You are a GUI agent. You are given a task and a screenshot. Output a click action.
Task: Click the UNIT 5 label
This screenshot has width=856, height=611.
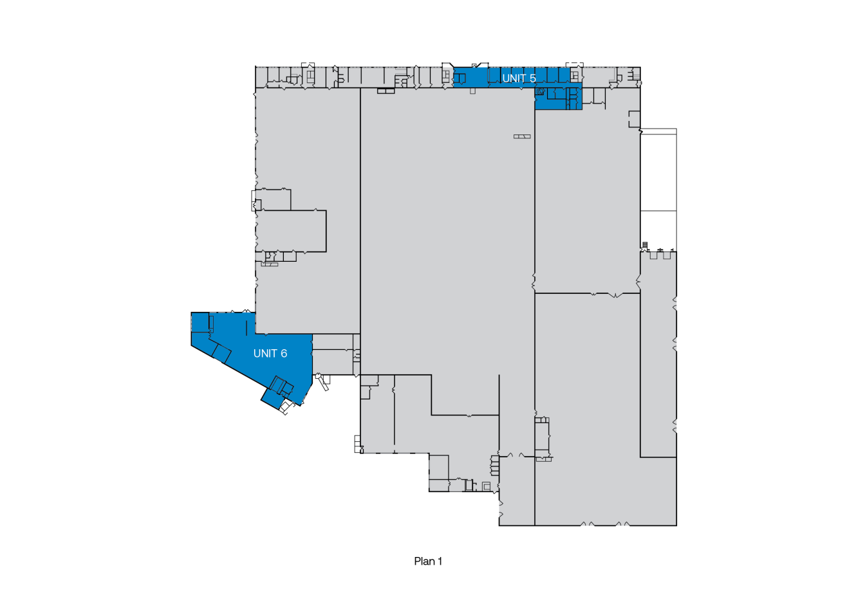click(x=519, y=78)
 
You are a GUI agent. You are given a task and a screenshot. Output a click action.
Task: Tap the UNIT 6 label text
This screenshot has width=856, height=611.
click(x=270, y=354)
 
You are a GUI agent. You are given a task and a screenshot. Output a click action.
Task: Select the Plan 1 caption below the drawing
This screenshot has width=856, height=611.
click(x=428, y=561)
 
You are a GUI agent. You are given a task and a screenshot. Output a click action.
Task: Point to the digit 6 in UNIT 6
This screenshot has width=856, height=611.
click(x=284, y=354)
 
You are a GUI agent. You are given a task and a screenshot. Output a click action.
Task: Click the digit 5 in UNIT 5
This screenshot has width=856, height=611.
click(x=532, y=78)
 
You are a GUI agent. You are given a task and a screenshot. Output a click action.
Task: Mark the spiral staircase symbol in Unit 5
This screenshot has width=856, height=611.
click(x=540, y=91)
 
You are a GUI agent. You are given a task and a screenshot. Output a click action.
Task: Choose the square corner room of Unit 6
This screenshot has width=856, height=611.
click(x=200, y=322)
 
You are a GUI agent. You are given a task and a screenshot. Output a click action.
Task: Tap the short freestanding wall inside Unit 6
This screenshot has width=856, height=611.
click(x=247, y=328)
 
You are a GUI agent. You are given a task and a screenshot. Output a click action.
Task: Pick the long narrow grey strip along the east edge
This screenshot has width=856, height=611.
click(x=658, y=354)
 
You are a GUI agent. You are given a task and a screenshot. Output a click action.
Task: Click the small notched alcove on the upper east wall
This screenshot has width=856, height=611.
click(x=635, y=119)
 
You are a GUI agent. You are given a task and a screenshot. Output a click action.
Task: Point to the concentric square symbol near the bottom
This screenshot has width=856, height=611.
click(x=486, y=486)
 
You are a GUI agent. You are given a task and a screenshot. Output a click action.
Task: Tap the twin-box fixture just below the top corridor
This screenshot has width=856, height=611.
click(x=386, y=91)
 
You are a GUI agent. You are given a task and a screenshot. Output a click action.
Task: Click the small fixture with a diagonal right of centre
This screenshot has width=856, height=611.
click(x=522, y=136)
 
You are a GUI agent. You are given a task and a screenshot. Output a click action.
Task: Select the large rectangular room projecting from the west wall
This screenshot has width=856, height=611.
click(x=291, y=231)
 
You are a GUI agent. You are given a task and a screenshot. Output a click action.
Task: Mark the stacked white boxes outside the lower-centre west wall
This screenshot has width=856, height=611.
click(x=358, y=444)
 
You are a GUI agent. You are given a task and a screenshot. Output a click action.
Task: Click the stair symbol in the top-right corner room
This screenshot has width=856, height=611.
click(x=636, y=74)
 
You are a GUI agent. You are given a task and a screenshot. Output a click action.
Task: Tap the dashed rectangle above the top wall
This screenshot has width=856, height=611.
click(x=574, y=64)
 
